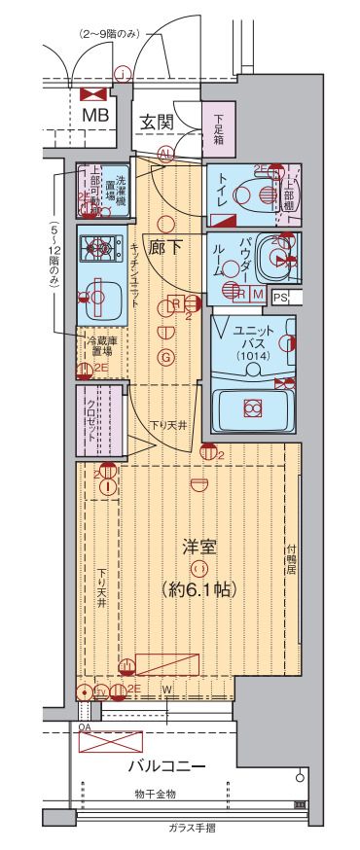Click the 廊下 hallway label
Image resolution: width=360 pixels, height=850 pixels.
click(165, 247)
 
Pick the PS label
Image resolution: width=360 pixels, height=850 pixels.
click(280, 298)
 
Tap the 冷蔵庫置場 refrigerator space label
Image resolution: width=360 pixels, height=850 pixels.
click(100, 346)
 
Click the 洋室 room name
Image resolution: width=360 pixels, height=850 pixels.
click(199, 548)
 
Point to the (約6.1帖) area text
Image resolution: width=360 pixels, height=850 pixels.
click(199, 589)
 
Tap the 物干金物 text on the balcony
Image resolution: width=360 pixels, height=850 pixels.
click(155, 795)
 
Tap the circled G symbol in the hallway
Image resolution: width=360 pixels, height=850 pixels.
click(166, 358)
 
